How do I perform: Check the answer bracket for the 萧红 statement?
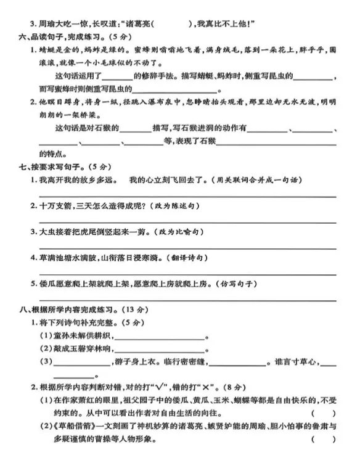coord(325,412)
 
